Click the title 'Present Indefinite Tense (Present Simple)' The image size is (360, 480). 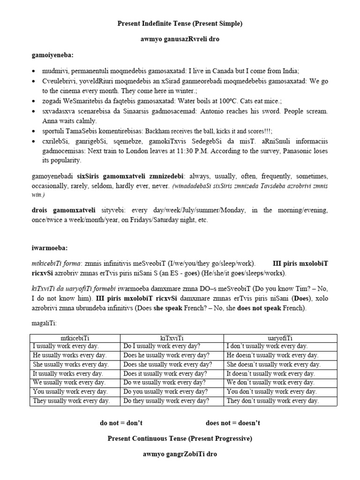point(180,23)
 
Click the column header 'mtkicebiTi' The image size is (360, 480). point(75,337)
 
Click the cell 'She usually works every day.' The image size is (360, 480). point(70,364)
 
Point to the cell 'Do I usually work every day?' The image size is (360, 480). point(162,346)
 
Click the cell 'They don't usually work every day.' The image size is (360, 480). point(272,401)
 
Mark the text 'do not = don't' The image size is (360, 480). point(121,423)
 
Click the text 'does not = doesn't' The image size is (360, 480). point(233,423)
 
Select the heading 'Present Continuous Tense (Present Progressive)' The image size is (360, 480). point(180,439)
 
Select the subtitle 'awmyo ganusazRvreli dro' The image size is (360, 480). point(180,39)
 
